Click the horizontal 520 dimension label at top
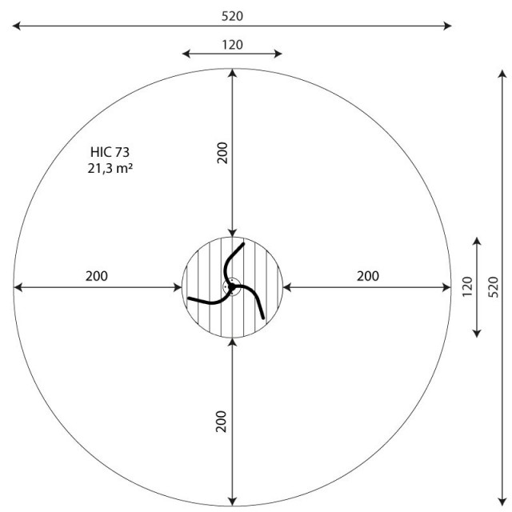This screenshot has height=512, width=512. [232, 16]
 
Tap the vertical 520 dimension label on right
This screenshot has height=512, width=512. [494, 287]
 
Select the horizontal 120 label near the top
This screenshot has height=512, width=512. [232, 45]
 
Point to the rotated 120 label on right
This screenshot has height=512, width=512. [467, 286]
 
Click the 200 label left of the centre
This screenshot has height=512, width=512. [97, 276]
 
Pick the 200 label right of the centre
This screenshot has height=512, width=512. [368, 276]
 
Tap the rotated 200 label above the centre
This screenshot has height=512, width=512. [222, 153]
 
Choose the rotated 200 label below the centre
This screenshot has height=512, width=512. [222, 422]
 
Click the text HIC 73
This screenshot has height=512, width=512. [110, 152]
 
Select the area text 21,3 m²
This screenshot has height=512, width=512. [110, 169]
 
